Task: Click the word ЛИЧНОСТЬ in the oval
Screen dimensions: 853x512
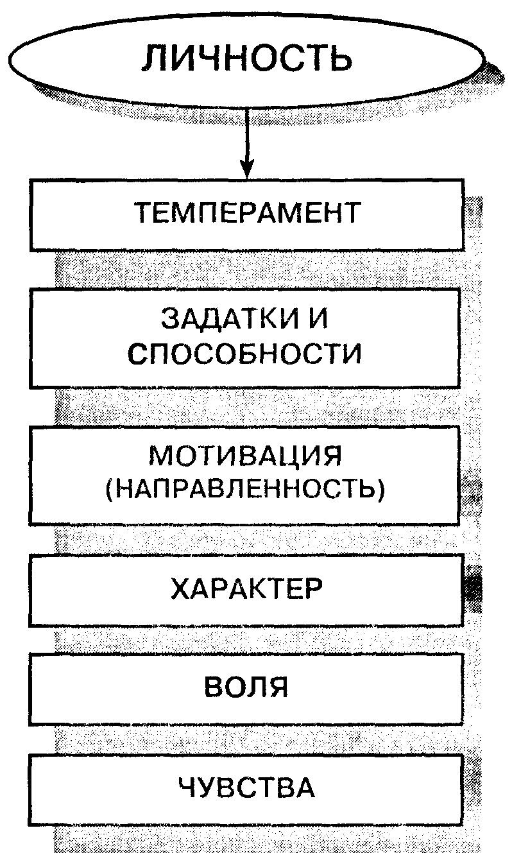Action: [x=247, y=58]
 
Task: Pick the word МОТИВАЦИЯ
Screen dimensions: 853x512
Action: [x=246, y=456]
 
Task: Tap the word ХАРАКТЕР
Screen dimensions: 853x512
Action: [x=246, y=589]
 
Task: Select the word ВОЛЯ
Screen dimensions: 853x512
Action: [x=246, y=687]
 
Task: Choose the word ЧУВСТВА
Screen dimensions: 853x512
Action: [x=246, y=787]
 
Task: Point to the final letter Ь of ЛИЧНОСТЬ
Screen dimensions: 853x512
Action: [x=339, y=58]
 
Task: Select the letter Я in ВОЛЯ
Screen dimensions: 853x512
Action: [x=278, y=687]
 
